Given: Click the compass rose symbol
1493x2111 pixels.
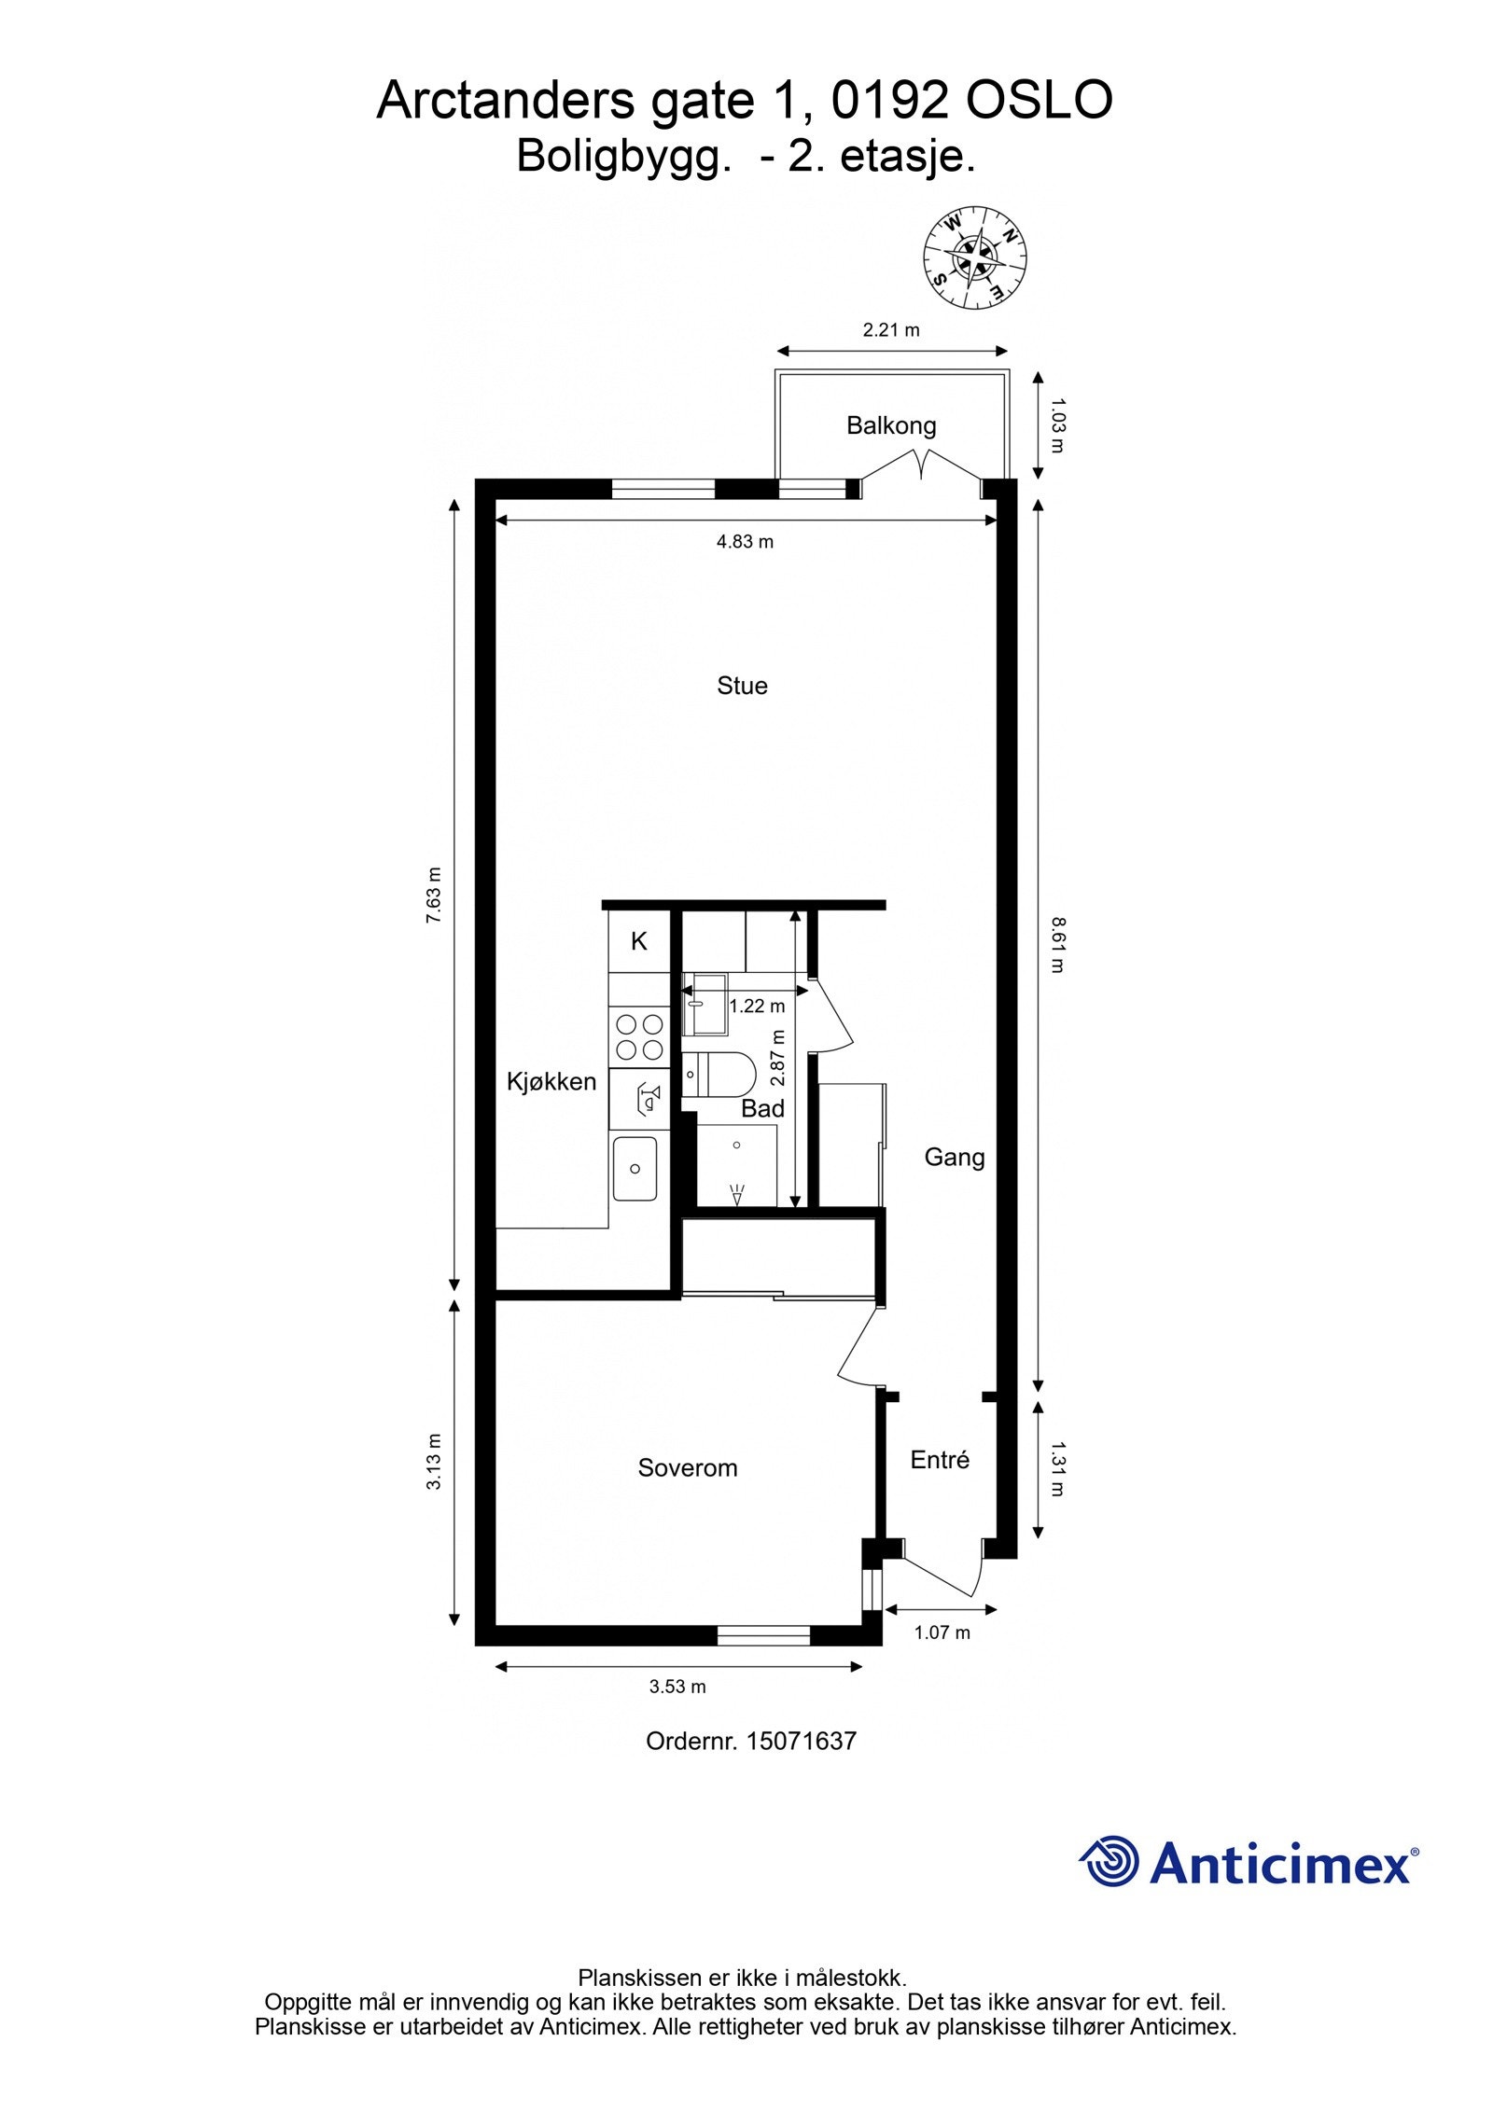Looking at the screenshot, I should point(974,257).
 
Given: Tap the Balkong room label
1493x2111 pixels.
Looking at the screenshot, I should point(890,426).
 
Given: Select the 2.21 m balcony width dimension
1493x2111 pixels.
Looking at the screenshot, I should point(890,329).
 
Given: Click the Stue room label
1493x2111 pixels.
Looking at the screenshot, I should point(742,686).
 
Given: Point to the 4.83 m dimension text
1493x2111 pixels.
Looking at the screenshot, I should point(745,542).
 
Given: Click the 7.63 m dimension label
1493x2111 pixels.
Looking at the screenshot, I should point(433,896).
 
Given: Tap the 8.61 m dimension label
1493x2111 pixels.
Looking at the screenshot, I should point(1056,945).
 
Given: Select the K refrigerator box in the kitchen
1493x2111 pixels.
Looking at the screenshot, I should point(639,941).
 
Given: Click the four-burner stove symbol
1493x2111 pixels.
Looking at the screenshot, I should point(639,1036).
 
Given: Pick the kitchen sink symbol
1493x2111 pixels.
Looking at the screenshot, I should point(635,1169).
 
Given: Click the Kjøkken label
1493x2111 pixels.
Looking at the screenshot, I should point(551,1082).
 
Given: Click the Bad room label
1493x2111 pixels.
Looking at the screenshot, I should point(762,1109).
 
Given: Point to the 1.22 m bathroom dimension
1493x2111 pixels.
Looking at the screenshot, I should point(757,1007).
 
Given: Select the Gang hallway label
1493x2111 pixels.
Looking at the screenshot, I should point(954,1158).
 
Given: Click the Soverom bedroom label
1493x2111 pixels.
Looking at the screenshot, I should point(687,1468).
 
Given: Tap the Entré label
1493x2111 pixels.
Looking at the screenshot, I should point(940,1460).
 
